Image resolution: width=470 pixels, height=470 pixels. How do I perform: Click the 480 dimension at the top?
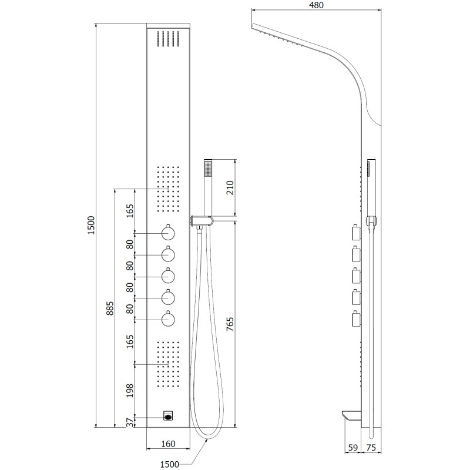[316, 5]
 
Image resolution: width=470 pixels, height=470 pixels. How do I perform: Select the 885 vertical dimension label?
[110, 308]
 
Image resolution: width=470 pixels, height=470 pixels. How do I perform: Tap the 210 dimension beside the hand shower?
[230, 187]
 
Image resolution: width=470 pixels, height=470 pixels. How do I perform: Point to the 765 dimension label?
[230, 324]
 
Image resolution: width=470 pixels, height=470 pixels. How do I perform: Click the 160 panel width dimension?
[168, 444]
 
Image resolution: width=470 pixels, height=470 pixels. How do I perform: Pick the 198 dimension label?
[130, 391]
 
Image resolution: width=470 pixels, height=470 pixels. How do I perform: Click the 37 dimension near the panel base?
[130, 422]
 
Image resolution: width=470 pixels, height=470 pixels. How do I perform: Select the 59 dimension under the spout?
[353, 448]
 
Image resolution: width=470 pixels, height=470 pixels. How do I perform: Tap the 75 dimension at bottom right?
[371, 448]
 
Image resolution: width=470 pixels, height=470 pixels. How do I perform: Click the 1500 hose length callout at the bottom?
[170, 464]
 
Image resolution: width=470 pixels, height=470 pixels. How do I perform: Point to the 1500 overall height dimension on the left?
[91, 225]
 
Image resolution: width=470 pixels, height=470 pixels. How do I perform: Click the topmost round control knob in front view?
[168, 233]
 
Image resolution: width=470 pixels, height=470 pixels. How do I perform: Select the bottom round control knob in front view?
[168, 319]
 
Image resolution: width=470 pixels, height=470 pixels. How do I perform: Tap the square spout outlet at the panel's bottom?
[168, 416]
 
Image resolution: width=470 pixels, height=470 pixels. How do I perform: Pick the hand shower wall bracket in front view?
[202, 221]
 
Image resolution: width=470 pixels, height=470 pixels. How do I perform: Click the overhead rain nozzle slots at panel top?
[168, 39]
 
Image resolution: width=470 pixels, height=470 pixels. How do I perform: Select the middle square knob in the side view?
[357, 276]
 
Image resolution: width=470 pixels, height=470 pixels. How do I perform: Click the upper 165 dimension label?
[130, 211]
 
